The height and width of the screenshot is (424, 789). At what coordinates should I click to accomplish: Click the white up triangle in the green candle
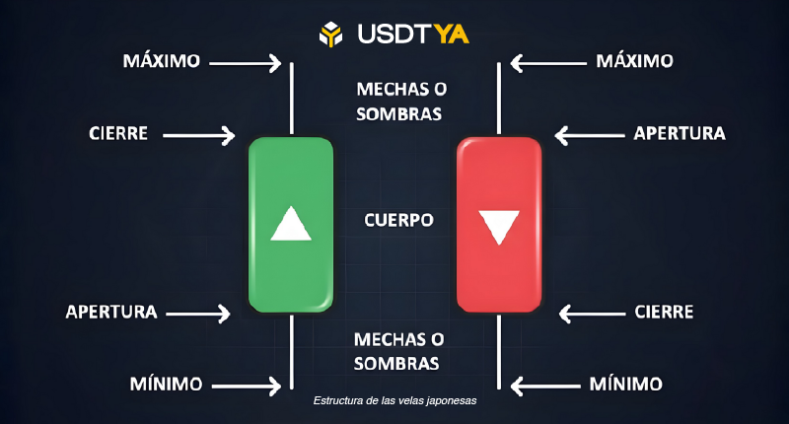click(x=291, y=225)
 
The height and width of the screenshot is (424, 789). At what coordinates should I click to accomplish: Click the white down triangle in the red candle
click(x=499, y=226)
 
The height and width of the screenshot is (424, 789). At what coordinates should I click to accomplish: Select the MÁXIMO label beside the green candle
click(x=162, y=61)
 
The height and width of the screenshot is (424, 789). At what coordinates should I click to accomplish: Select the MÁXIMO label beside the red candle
click(x=635, y=61)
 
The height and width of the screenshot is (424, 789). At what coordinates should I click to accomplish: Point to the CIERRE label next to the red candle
click(x=663, y=313)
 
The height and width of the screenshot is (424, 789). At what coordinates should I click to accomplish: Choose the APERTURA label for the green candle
click(x=111, y=312)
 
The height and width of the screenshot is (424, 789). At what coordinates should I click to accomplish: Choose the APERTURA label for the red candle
click(x=680, y=133)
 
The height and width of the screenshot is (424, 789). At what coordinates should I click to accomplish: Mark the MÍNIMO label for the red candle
click(x=625, y=383)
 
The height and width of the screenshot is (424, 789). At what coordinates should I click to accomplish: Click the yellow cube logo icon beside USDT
click(x=329, y=34)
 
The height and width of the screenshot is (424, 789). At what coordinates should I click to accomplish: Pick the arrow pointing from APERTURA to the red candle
click(x=589, y=134)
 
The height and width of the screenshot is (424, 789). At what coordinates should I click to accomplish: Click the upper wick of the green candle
click(x=292, y=99)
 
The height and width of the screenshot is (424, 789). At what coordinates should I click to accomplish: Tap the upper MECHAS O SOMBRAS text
click(x=398, y=102)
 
